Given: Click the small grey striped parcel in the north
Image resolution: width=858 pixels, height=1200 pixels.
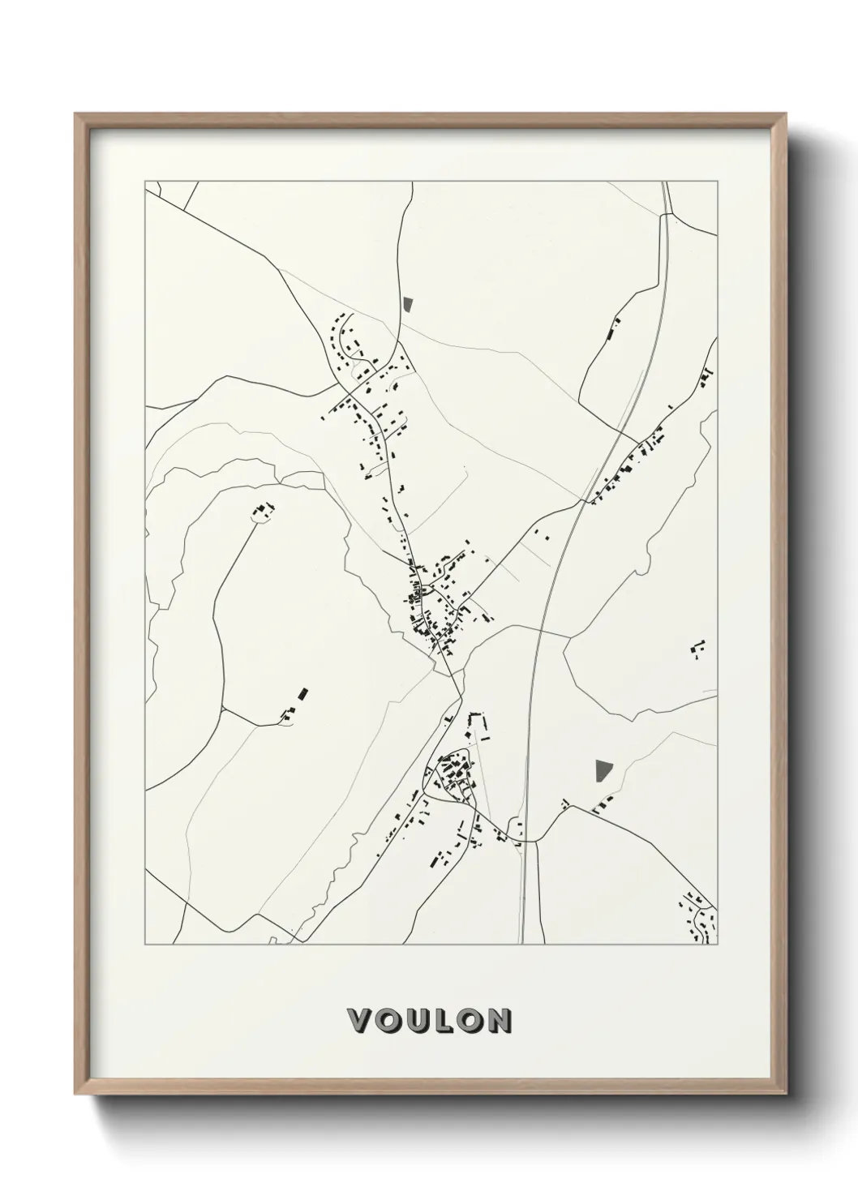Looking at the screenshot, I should (x=407, y=305).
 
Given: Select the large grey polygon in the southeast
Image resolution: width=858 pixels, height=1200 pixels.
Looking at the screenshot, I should (x=603, y=770).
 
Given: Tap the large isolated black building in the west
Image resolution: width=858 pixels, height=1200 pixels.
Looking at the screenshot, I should (x=303, y=692).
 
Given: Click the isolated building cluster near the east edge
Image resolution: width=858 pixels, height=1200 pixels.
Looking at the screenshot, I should (x=697, y=649).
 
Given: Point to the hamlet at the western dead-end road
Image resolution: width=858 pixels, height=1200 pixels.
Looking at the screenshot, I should (x=263, y=511).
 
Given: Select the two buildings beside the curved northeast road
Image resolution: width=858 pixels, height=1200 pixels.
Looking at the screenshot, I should (x=613, y=329).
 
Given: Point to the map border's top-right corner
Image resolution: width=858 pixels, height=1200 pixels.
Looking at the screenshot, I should (x=718, y=181).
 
